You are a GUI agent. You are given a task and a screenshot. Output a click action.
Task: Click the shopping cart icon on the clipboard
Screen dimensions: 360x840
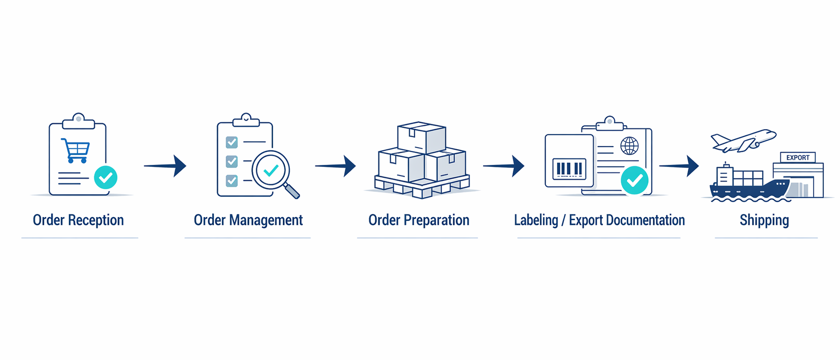tap(76, 150)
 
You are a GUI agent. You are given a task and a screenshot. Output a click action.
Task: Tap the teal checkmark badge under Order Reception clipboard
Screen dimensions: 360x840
tap(106, 177)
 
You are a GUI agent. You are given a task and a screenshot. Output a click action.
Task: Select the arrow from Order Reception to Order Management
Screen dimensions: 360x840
tap(166, 166)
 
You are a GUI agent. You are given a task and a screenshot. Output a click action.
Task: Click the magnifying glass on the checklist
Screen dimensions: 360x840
tap(274, 172)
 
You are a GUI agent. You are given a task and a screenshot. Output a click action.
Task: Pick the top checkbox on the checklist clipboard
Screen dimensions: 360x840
tap(231, 142)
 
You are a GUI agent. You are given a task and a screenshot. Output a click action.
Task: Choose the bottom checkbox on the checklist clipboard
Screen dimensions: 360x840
tap(231, 180)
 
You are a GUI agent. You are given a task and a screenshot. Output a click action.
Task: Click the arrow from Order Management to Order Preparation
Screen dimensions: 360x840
tap(336, 166)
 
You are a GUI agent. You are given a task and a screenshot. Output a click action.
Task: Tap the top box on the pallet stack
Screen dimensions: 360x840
tap(421, 137)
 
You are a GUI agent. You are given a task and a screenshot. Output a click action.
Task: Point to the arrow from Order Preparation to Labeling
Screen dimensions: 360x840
tap(505, 166)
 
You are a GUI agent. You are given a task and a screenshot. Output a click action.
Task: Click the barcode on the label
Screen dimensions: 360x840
tap(569, 169)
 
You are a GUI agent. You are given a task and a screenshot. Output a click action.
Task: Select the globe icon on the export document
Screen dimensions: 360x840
tap(630, 146)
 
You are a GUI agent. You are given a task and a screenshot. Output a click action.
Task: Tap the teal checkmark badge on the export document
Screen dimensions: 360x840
tap(634, 180)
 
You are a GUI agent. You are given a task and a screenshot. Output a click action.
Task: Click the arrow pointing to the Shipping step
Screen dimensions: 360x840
tap(680, 166)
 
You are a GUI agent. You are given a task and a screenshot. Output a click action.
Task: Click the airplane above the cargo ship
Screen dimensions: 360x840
tap(743, 141)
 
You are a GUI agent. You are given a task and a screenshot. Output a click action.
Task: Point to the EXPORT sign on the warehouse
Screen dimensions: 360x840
tap(797, 157)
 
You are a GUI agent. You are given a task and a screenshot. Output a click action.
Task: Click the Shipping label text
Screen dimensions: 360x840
tap(764, 220)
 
